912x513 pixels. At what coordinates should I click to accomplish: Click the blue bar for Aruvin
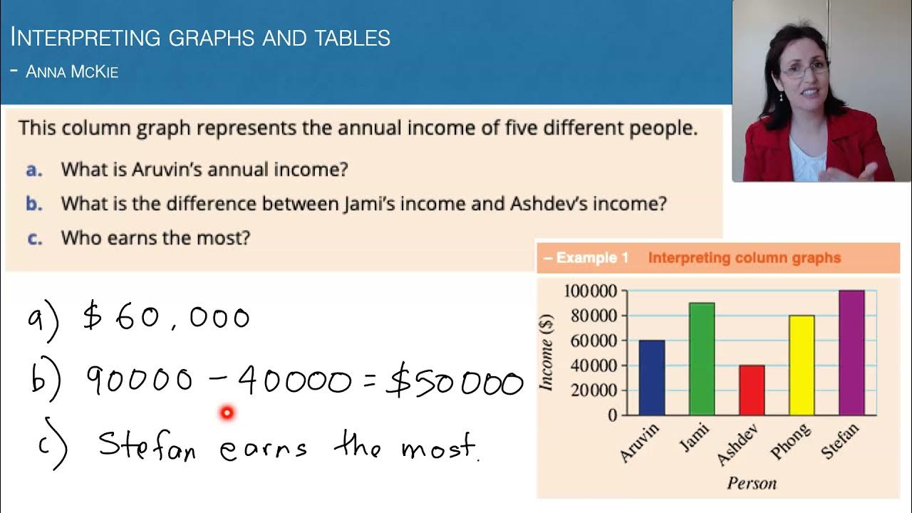[x=652, y=378]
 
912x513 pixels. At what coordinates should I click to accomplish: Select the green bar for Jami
[x=702, y=359]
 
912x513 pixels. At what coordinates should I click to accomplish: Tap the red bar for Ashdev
[x=752, y=390]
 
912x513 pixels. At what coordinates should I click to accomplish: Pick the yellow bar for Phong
[x=802, y=366]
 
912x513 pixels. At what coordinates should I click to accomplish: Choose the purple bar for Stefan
[x=851, y=353]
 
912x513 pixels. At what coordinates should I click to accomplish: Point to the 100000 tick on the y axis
[x=590, y=291]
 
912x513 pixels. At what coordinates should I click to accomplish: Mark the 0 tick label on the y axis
[x=612, y=415]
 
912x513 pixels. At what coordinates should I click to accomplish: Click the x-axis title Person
[x=751, y=484]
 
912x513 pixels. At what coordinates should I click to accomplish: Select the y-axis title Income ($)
[x=547, y=352]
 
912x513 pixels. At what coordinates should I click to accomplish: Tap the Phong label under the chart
[x=791, y=442]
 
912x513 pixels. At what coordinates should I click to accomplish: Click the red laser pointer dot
[x=227, y=412]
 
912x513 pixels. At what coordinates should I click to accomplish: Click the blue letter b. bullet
[x=34, y=204]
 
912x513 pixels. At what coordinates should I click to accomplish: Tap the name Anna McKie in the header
[x=71, y=72]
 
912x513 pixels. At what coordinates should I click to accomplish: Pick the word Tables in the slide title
[x=349, y=38]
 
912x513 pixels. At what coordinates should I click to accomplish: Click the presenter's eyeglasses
[x=805, y=69]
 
